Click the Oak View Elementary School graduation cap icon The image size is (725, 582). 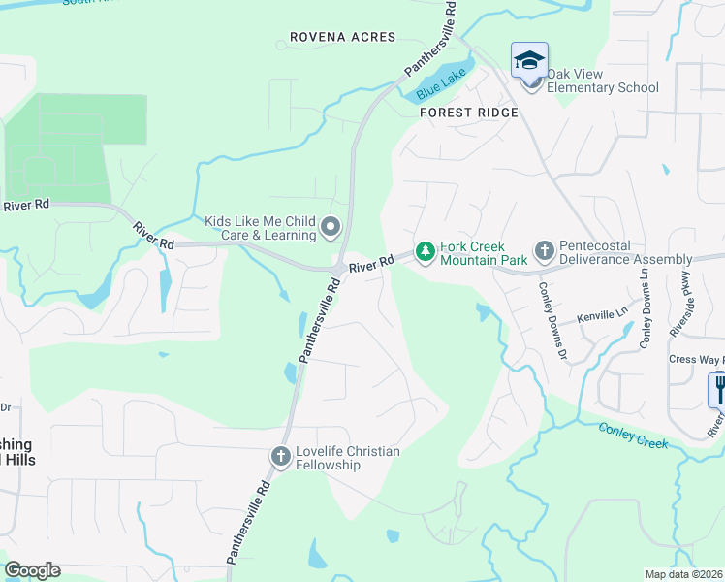[x=529, y=61]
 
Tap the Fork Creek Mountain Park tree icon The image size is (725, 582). [x=425, y=252]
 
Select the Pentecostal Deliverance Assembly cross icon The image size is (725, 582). [x=544, y=252]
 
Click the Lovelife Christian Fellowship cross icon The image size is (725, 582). [x=281, y=457]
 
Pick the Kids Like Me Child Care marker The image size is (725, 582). [x=331, y=228]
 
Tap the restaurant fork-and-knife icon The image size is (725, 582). [x=718, y=389]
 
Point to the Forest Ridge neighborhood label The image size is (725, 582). [x=469, y=113]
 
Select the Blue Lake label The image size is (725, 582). [x=435, y=87]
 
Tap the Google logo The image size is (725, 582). [x=32, y=570]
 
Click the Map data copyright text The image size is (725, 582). [x=684, y=574]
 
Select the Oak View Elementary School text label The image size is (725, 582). [x=603, y=81]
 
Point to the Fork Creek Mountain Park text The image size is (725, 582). [x=484, y=253]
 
